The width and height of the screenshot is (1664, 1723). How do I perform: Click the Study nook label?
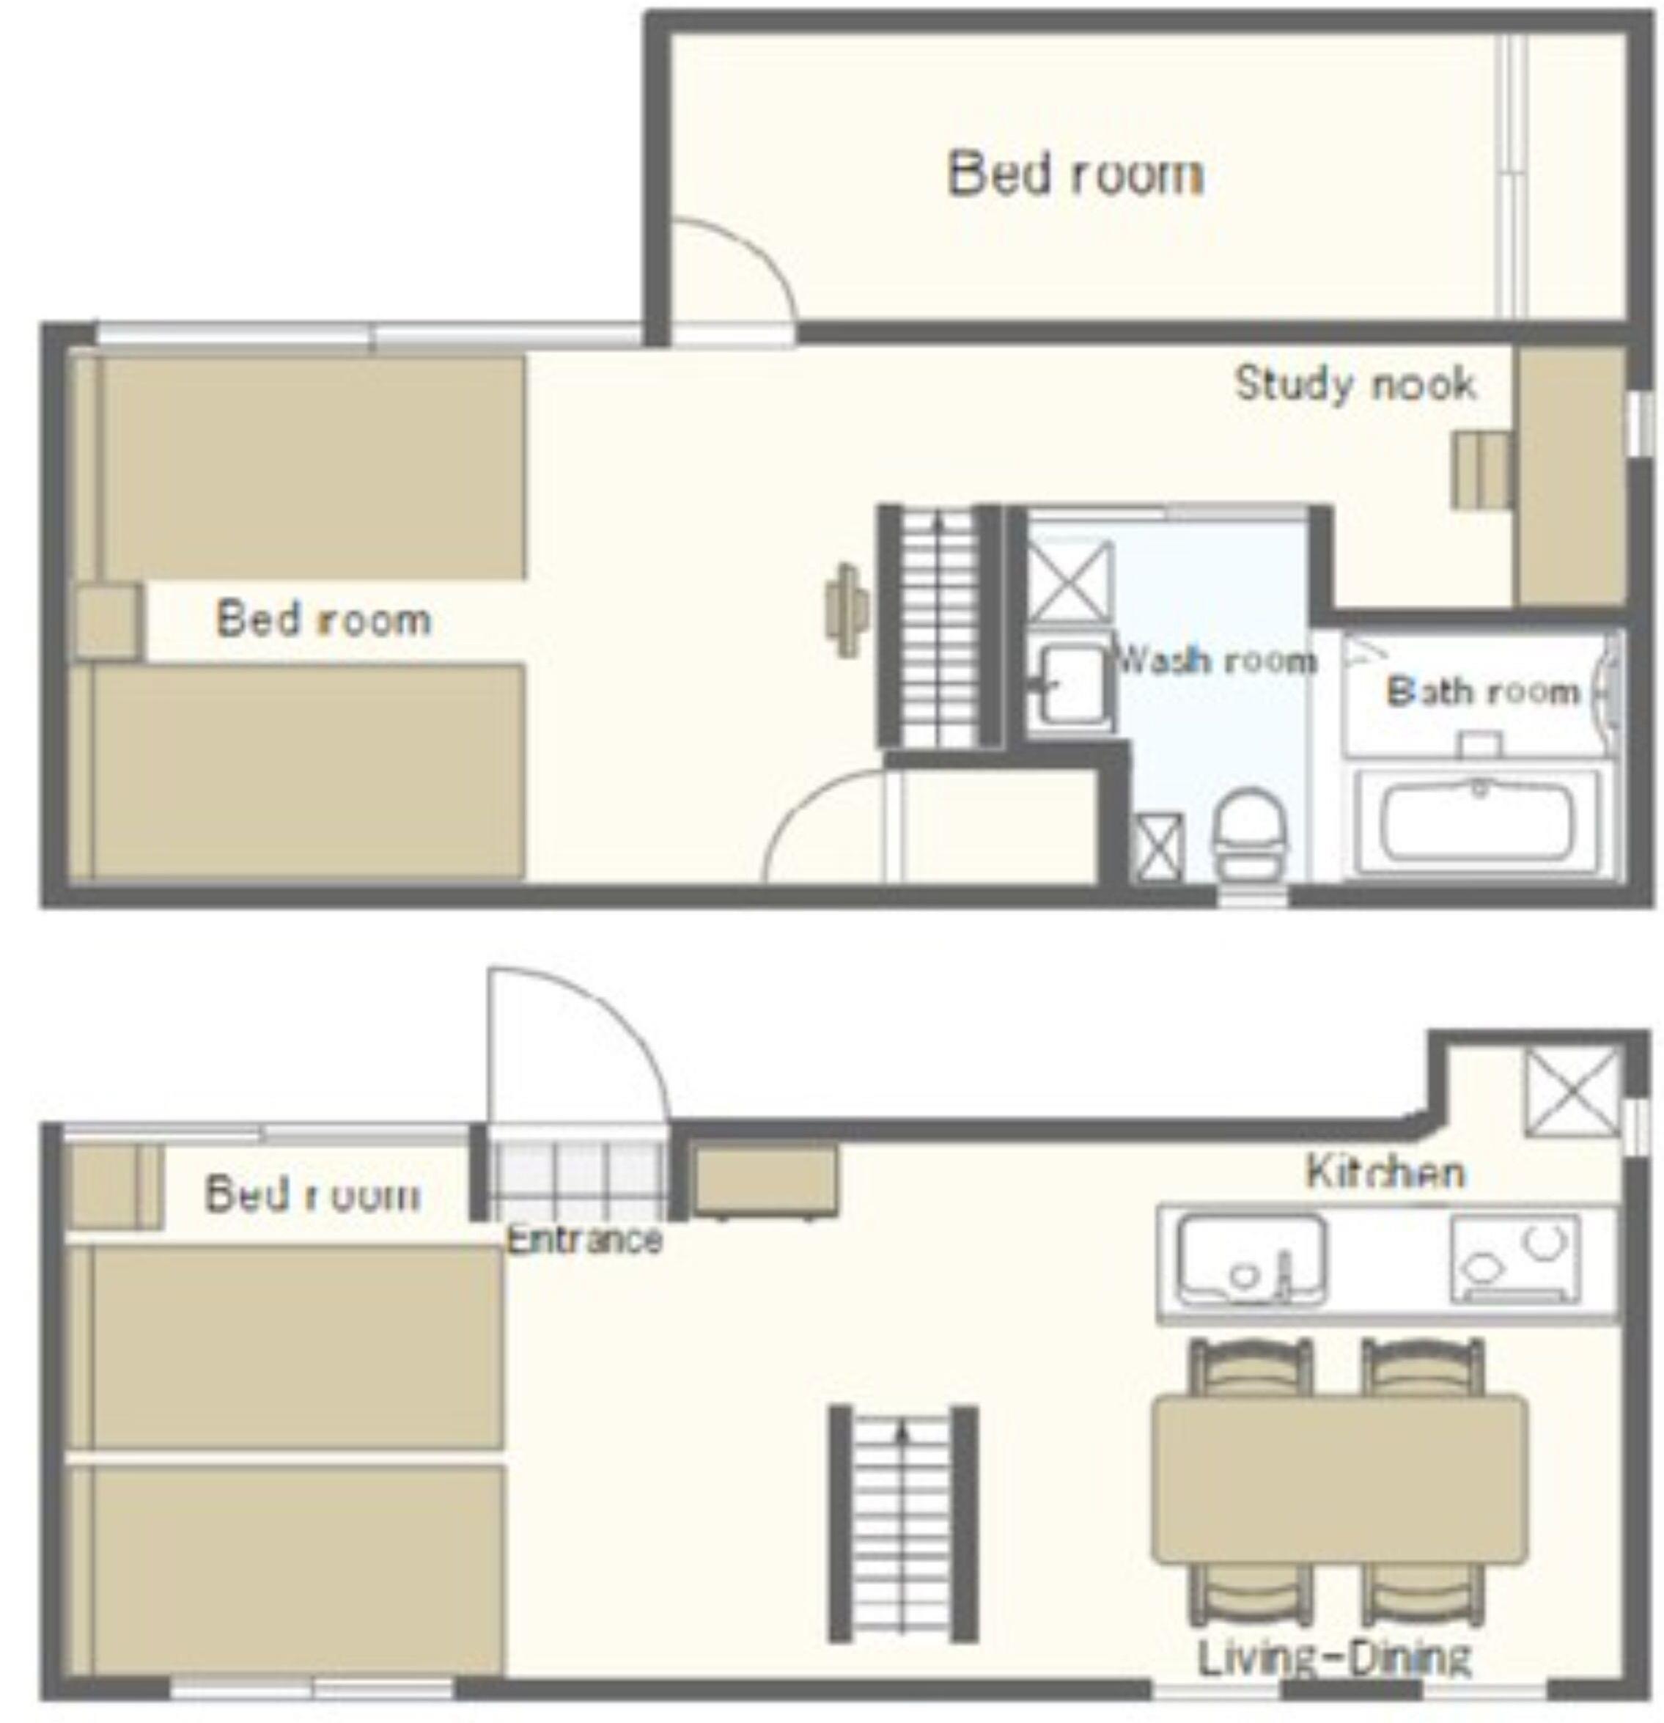click(x=1355, y=384)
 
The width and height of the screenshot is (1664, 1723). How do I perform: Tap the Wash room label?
click(x=1215, y=659)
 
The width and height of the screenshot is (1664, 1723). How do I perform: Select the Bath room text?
click(x=1482, y=692)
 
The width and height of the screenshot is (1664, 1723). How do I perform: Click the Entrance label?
click(x=584, y=1241)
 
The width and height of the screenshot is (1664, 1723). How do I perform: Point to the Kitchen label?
click(x=1385, y=1172)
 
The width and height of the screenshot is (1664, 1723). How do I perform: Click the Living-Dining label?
click(x=1333, y=1656)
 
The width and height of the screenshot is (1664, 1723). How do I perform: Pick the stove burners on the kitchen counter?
click(x=1514, y=1259)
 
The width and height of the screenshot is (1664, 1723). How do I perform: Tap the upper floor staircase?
click(x=939, y=626)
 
